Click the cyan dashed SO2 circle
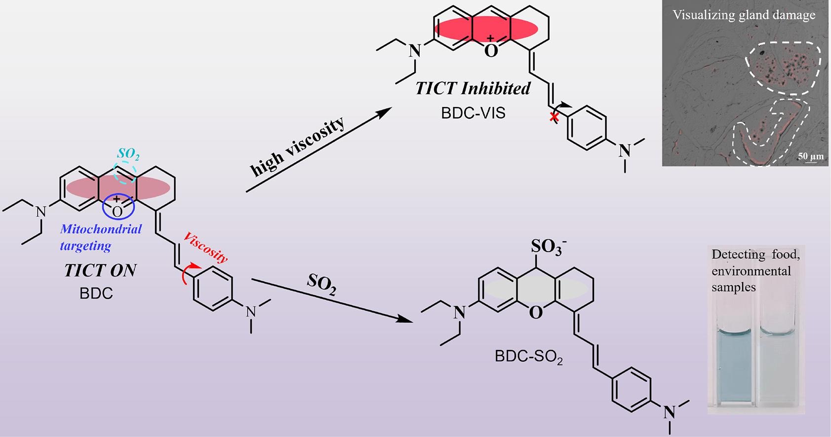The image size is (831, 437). coord(125,172)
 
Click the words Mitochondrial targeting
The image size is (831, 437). coord(101,237)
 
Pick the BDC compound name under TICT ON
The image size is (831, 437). coord(96,293)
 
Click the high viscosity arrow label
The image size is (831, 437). coord(297,146)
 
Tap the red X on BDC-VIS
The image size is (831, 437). coord(554,117)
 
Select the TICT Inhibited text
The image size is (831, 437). coord(473,88)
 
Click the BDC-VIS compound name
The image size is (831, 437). coord(473,112)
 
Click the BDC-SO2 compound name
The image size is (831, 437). coord(529,357)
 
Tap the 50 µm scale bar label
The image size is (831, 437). coord(810,156)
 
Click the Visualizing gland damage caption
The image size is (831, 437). coord(744,15)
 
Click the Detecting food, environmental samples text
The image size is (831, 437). coord(755,271)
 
